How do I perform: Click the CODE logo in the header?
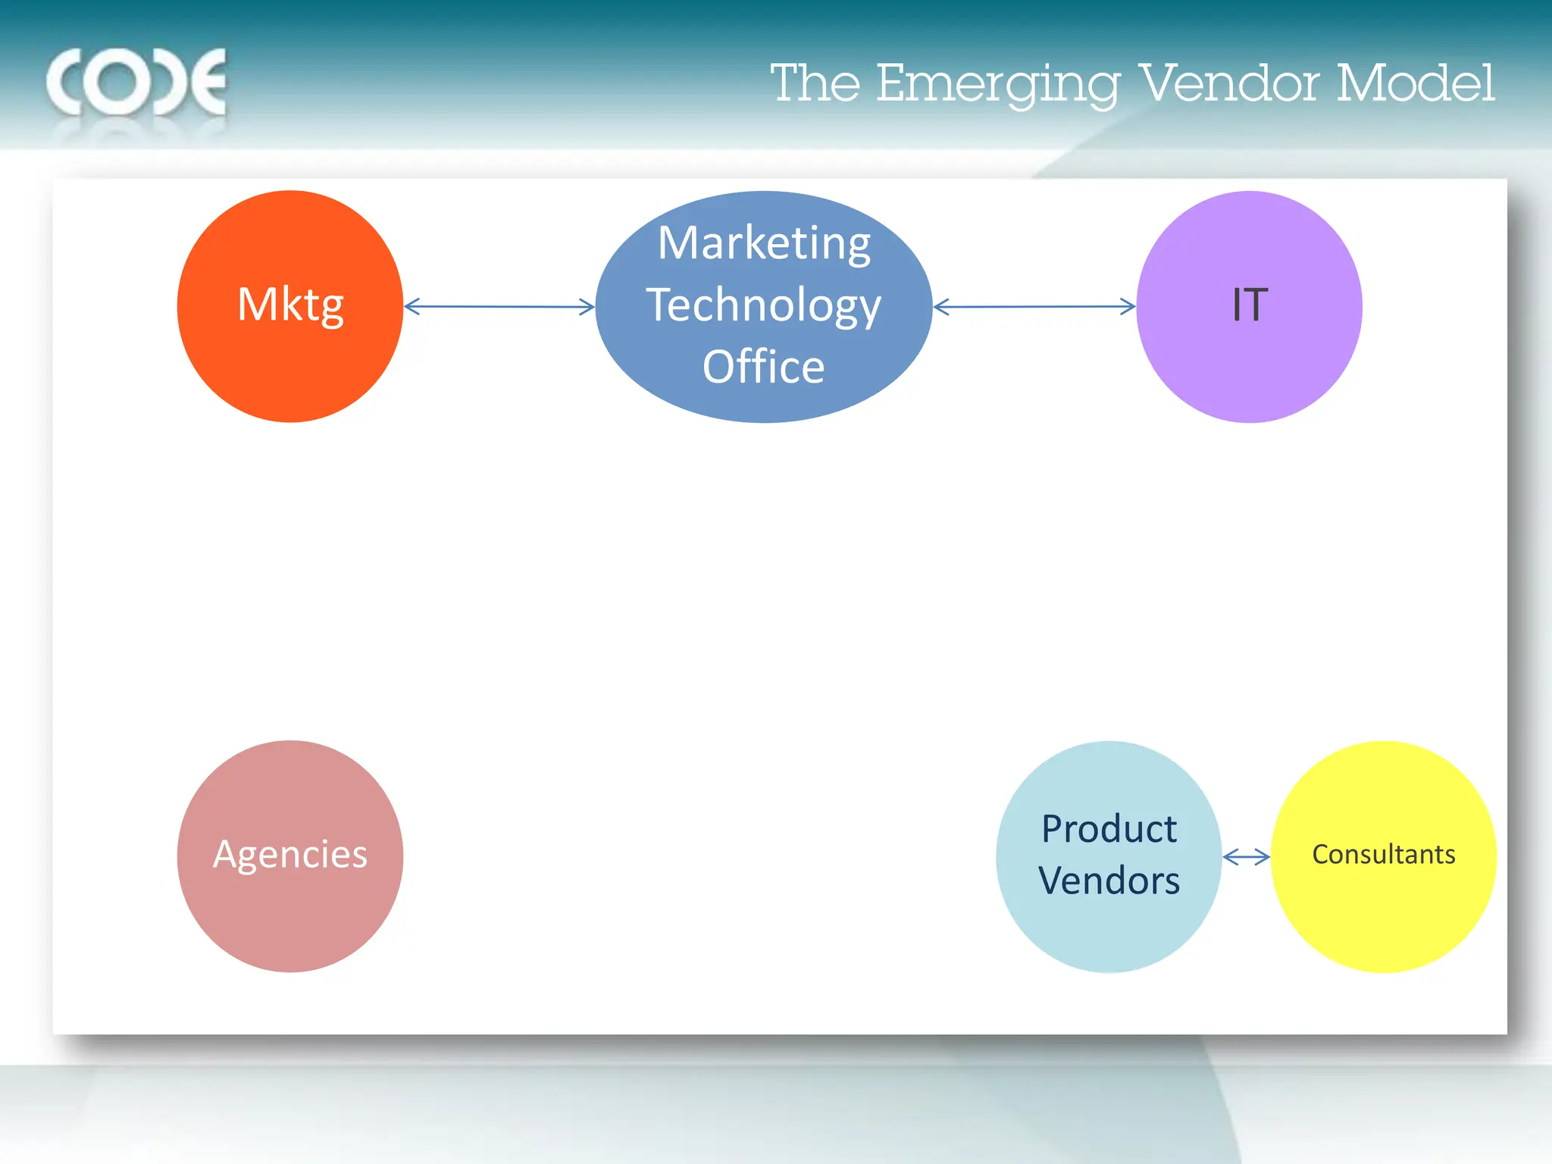pyautogui.click(x=136, y=82)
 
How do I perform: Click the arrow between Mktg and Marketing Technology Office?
pyautogui.click(x=499, y=307)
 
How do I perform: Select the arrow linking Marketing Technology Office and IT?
pyautogui.click(x=1034, y=307)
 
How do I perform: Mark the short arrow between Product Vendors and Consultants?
pyautogui.click(x=1246, y=857)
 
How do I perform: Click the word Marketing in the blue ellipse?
pyautogui.click(x=764, y=243)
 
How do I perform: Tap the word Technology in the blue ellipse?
pyautogui.click(x=764, y=305)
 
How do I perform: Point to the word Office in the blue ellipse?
pyautogui.click(x=764, y=367)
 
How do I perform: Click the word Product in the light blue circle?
pyautogui.click(x=1109, y=828)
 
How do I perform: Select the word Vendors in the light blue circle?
pyautogui.click(x=1109, y=881)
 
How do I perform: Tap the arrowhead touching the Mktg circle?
pyautogui.click(x=411, y=307)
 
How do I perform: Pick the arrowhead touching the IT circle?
pyautogui.click(x=1128, y=307)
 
